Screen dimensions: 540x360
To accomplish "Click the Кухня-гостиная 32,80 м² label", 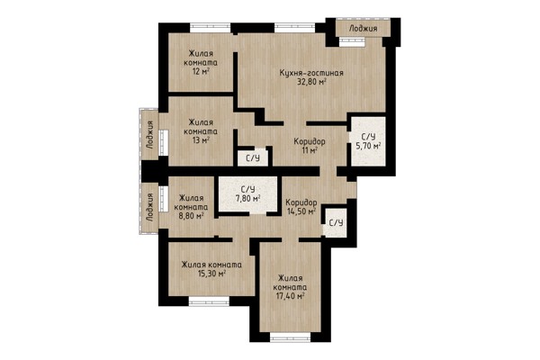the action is pos(311,77).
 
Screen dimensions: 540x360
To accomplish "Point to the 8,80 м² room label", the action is pos(191,207).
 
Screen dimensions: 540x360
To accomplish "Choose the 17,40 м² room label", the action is pos(291,287).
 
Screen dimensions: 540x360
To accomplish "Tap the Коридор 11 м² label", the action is pos(310,146).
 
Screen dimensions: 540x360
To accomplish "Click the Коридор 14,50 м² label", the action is pos(301,207).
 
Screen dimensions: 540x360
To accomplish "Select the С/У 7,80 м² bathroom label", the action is pos(247,193).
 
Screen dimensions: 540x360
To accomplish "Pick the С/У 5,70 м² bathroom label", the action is pos(368,141).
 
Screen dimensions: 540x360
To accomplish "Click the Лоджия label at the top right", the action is pos(363,28).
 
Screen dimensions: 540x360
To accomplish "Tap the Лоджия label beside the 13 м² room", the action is pos(149,134).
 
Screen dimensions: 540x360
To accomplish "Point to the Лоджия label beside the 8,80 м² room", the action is pos(149,207).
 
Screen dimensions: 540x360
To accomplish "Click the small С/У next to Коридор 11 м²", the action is pos(252,158).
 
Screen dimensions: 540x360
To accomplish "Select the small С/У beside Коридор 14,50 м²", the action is pos(336,222).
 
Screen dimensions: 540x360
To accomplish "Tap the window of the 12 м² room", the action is pos(210,28).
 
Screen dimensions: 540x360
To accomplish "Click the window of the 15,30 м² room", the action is pos(209,301).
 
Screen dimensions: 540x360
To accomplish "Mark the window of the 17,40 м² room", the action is pos(291,337).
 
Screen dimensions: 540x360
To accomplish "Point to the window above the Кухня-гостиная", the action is pos(295,28).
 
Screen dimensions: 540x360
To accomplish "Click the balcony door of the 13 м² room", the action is pos(163,142).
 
